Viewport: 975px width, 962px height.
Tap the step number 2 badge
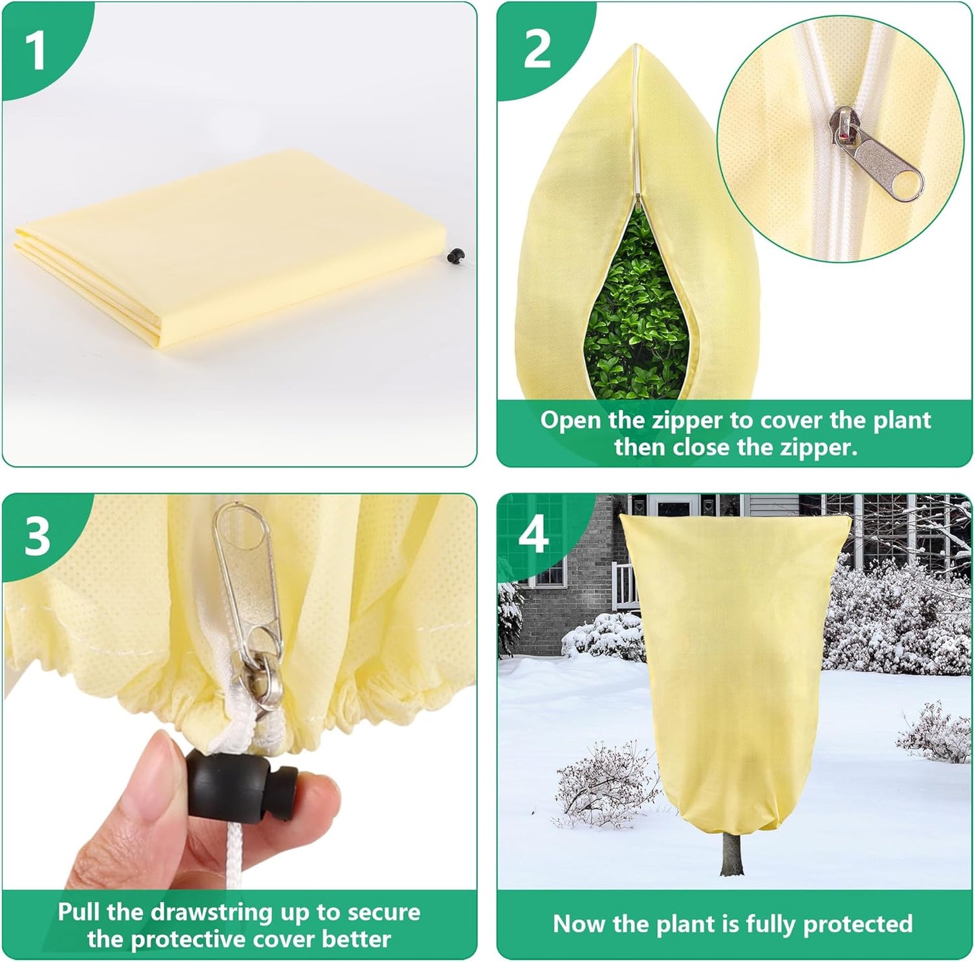click(536, 49)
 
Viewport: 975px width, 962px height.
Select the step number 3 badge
click(37, 536)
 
